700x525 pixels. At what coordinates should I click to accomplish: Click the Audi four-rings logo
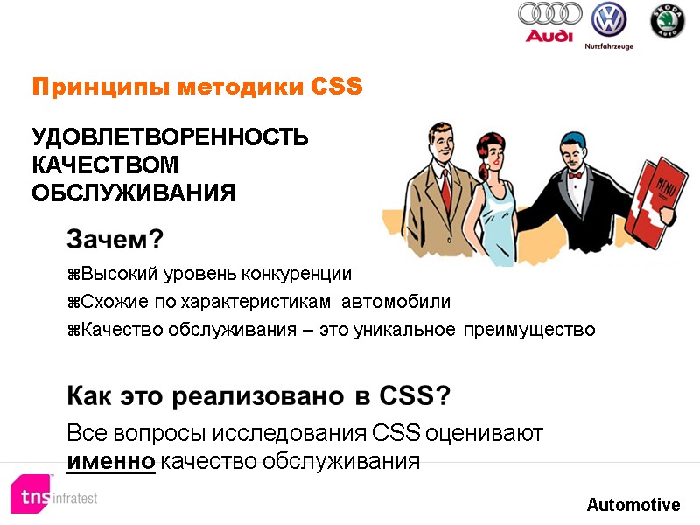[549, 15]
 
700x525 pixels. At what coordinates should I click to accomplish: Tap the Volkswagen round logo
[608, 19]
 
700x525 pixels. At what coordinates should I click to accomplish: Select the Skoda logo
[667, 22]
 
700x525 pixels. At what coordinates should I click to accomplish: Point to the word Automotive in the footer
[633, 505]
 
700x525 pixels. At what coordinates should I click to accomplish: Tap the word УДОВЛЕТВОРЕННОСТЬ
[170, 138]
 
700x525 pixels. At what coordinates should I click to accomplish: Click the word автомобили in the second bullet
[395, 302]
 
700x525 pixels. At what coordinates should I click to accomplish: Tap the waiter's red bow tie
[574, 174]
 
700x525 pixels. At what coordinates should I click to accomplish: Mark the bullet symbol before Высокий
[73, 275]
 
